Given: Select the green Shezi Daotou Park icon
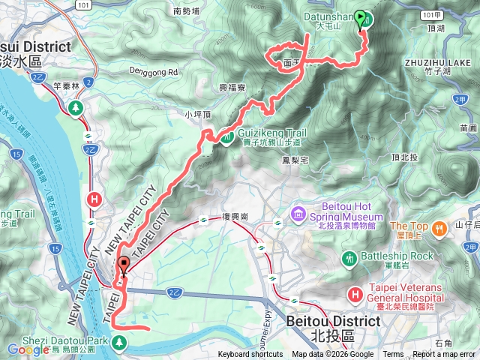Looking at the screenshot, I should (x=119, y=343).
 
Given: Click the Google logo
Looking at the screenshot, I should (x=28, y=349).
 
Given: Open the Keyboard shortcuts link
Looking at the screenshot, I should (x=251, y=355).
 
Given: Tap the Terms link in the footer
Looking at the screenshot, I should (x=393, y=355).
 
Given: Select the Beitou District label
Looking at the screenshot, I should (x=333, y=320).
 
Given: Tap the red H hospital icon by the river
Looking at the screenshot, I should (x=94, y=199).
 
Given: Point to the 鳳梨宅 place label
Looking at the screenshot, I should (x=294, y=160).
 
